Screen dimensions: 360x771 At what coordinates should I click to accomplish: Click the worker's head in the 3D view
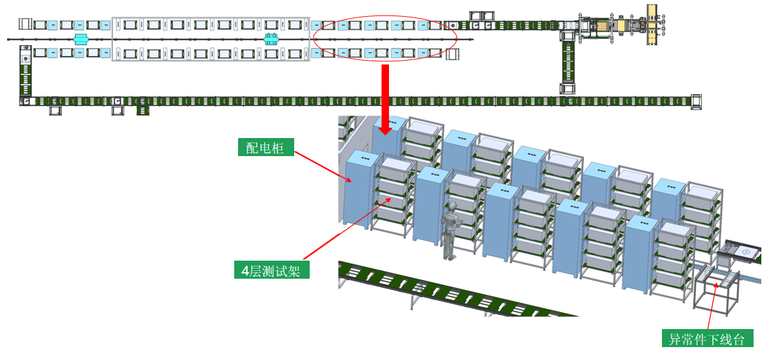tap(453, 208)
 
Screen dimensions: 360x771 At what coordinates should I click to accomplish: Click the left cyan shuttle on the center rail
tap(80, 39)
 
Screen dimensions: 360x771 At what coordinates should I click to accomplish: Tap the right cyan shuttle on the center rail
tap(272, 39)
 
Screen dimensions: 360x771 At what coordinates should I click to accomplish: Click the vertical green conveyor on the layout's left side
tap(26, 77)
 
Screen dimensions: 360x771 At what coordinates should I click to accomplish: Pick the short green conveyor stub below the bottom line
tap(143, 110)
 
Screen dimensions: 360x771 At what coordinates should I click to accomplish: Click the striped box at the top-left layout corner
tap(25, 25)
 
